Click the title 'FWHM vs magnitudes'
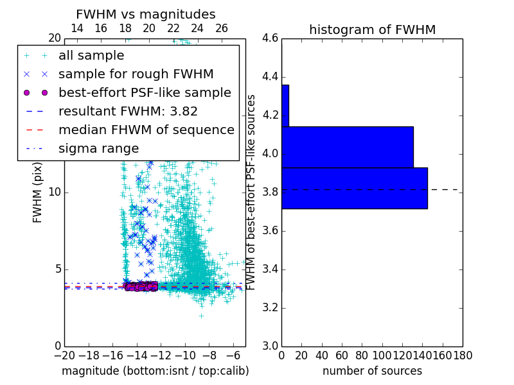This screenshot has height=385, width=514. pyautogui.click(x=145, y=15)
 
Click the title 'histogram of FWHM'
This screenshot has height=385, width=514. pyautogui.click(x=372, y=30)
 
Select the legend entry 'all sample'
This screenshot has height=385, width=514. pyautogui.click(x=91, y=56)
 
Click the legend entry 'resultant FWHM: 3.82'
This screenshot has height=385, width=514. pyautogui.click(x=128, y=112)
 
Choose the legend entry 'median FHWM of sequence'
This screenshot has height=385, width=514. pyautogui.click(x=146, y=130)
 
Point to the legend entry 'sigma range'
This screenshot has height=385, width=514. pyautogui.click(x=98, y=149)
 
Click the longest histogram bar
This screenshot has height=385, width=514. pyautogui.click(x=354, y=188)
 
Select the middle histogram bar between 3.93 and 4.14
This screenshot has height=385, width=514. pyautogui.click(x=347, y=147)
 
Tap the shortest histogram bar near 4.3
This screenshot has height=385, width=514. pyautogui.click(x=285, y=106)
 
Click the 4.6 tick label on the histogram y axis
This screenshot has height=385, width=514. pyautogui.click(x=269, y=38)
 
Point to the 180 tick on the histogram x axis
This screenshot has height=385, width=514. pyautogui.click(x=463, y=355)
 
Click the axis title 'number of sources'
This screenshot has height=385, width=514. pyautogui.click(x=372, y=371)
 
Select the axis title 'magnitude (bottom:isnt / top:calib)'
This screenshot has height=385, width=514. pyautogui.click(x=155, y=371)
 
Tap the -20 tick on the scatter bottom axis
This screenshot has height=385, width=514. pyautogui.click(x=64, y=355)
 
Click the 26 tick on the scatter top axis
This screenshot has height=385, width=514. pyautogui.click(x=222, y=28)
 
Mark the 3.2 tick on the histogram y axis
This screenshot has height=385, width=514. pyautogui.click(x=269, y=307)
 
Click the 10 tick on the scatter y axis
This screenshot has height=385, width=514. pyautogui.click(x=54, y=193)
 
